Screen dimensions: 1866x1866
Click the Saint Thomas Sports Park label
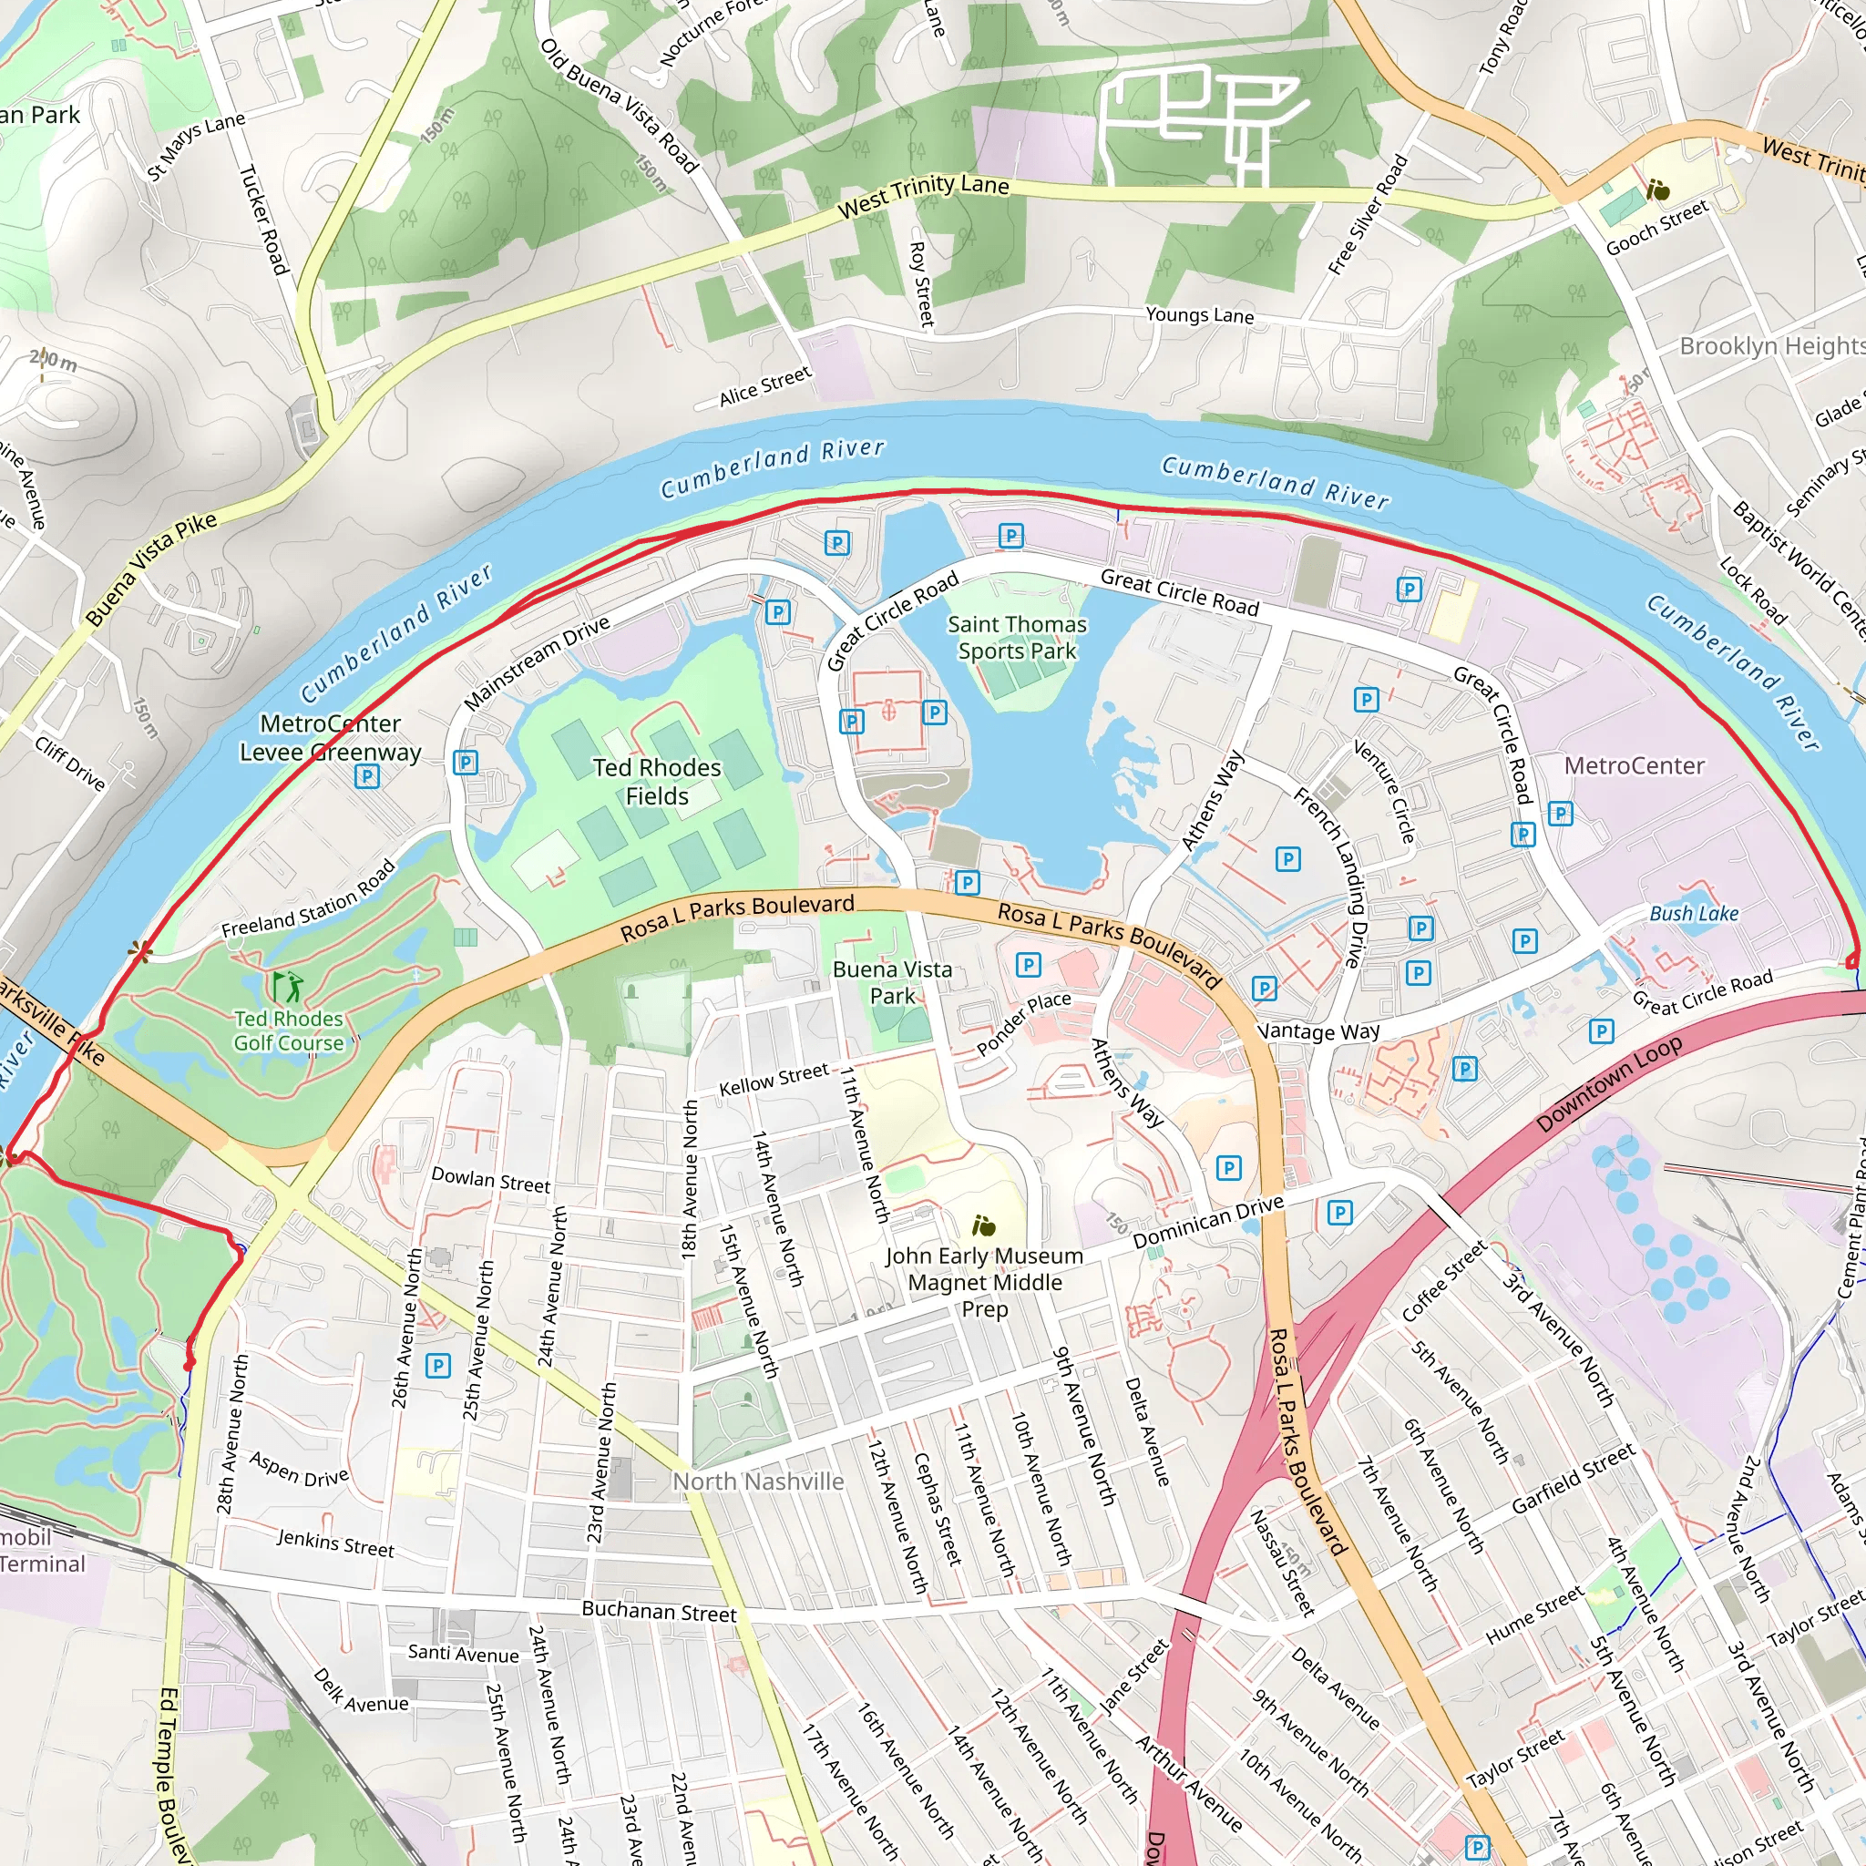tap(1016, 638)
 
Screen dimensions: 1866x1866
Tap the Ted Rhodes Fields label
tap(657, 782)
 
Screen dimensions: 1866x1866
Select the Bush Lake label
tap(1693, 914)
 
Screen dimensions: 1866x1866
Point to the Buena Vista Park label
tap(891, 982)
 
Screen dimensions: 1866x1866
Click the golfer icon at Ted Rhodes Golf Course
tap(288, 986)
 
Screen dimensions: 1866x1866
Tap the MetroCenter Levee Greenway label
tap(331, 738)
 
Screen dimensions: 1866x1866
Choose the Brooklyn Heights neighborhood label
tap(1771, 345)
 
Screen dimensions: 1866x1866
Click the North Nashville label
tap(758, 1482)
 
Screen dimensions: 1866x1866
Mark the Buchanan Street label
tap(659, 1612)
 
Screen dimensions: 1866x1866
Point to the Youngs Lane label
tap(1200, 315)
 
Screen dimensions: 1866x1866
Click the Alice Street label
tap(765, 386)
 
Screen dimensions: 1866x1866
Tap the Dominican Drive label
tap(1207, 1222)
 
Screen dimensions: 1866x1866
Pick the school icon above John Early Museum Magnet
tap(983, 1226)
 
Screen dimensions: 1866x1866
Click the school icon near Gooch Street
tap(1658, 190)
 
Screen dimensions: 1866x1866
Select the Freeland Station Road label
tap(309, 899)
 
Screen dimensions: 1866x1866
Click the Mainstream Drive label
tap(537, 662)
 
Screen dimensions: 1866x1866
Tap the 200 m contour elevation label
tap(53, 361)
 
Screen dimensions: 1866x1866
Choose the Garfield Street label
tap(1574, 1479)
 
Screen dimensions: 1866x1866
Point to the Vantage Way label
tap(1318, 1031)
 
